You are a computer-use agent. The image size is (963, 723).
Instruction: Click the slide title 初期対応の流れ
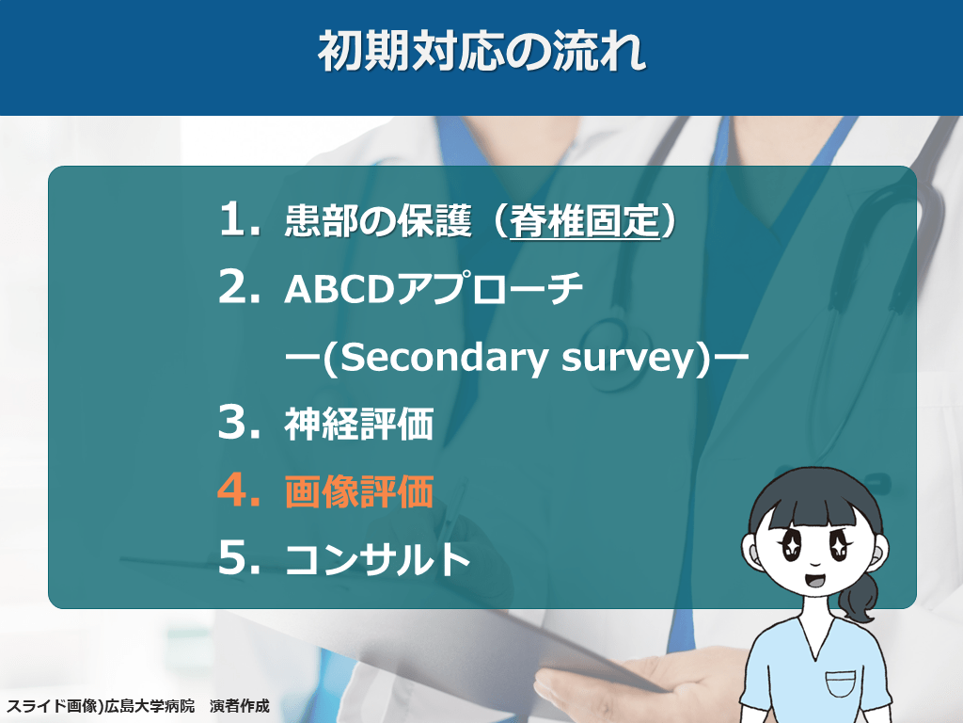click(481, 51)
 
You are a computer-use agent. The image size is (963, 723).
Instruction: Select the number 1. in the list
click(239, 219)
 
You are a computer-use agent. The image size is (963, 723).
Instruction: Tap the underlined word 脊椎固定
click(584, 221)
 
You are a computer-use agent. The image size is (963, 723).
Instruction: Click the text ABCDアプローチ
click(433, 288)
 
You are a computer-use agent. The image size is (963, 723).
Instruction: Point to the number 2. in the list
click(239, 287)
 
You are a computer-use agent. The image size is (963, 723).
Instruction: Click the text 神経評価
click(358, 424)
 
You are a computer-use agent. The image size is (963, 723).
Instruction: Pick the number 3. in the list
click(239, 423)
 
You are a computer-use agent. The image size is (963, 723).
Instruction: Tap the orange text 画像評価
click(358, 491)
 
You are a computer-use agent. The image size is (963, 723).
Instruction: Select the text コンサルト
click(377, 559)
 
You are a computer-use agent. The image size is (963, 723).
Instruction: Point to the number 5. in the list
click(239, 557)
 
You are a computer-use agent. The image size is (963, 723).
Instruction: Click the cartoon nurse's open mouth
click(814, 580)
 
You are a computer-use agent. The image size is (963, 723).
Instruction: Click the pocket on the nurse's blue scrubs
click(840, 683)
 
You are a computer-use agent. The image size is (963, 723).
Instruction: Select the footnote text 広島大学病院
click(150, 706)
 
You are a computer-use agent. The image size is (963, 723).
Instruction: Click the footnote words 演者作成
click(240, 706)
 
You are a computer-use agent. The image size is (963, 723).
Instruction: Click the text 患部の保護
click(378, 220)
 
